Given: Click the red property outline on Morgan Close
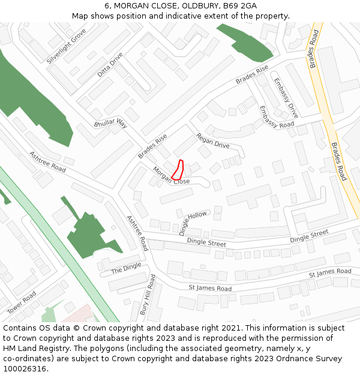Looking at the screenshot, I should pyautogui.click(x=178, y=169).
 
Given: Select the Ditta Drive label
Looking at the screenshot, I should pyautogui.click(x=110, y=65).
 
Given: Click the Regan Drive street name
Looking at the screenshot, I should pyautogui.click(x=213, y=142).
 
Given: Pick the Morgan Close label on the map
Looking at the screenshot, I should pyautogui.click(x=171, y=176).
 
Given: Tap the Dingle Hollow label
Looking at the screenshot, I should pyautogui.click(x=193, y=223).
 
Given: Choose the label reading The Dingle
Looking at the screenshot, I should pyautogui.click(x=126, y=268).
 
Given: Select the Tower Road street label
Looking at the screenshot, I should pyautogui.click(x=22, y=302).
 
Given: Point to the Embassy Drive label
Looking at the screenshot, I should pyautogui.click(x=286, y=98).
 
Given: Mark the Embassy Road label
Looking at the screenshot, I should pyautogui.click(x=277, y=116).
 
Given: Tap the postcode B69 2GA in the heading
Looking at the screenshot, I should pyautogui.click(x=240, y=6).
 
